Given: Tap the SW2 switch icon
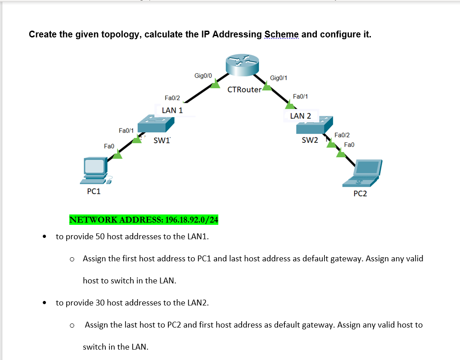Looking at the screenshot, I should [314, 125].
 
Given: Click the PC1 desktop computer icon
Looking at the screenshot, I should [94, 171].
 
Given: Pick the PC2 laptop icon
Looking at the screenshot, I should [363, 173].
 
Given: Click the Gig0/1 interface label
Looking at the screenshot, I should [279, 78].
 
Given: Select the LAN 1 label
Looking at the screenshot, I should [172, 110].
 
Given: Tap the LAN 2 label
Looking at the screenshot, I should [300, 116].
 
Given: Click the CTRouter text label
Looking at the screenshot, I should [244, 89].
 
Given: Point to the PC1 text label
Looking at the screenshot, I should [94, 191].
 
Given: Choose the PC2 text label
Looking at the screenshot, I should [360, 194].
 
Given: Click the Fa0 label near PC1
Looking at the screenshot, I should [109, 146].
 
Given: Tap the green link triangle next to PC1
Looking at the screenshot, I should [117, 155].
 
